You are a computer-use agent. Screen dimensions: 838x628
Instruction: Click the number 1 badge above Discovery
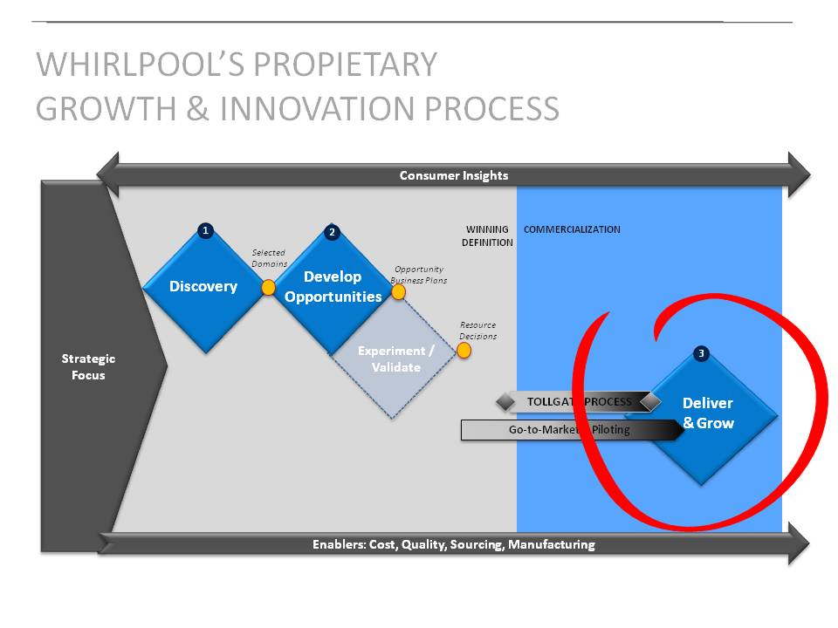tap(205, 230)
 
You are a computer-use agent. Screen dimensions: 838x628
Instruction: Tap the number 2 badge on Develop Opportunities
tap(332, 232)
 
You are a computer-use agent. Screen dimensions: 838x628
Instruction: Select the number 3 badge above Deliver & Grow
tap(701, 353)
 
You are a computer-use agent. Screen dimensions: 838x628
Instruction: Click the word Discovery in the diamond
tap(203, 286)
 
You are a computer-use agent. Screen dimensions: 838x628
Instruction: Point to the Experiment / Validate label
tap(396, 358)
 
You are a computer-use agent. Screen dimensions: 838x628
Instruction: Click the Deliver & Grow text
tap(708, 413)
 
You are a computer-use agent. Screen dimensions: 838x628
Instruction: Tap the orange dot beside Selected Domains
tap(268, 287)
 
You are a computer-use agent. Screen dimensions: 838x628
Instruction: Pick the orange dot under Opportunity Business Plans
tap(398, 291)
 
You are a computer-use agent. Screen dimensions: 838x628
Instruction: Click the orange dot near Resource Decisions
tap(464, 351)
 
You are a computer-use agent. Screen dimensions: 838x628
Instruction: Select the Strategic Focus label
tap(88, 366)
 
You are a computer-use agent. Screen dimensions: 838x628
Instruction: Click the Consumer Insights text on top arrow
tap(454, 175)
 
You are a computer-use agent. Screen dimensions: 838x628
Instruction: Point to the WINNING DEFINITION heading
tap(487, 235)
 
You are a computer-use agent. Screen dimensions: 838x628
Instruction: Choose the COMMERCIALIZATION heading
tap(572, 229)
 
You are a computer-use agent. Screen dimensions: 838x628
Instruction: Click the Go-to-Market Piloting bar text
tap(569, 429)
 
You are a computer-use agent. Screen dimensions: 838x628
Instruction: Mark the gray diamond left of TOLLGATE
tap(505, 401)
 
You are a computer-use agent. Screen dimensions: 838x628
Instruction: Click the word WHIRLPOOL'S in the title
tap(139, 64)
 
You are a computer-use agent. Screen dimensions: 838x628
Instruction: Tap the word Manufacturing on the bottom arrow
tap(552, 544)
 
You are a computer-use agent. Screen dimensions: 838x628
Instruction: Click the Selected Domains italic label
tap(270, 258)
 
